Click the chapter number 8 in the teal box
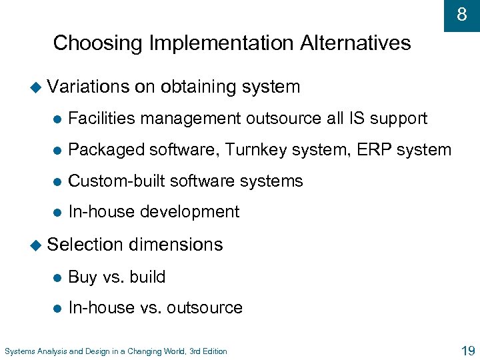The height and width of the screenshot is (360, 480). click(x=462, y=14)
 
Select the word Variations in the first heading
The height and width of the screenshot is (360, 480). click(x=89, y=87)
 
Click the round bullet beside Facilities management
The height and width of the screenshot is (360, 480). click(x=57, y=119)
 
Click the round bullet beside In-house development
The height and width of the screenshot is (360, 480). click(x=57, y=213)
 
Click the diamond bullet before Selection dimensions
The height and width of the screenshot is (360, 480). click(x=40, y=245)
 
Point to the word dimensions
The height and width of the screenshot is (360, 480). click(x=175, y=245)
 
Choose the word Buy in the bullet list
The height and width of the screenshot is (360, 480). click(x=83, y=277)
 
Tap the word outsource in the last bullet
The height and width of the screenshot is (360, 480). click(x=205, y=307)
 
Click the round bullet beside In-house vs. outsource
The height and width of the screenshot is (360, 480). click(x=57, y=308)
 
